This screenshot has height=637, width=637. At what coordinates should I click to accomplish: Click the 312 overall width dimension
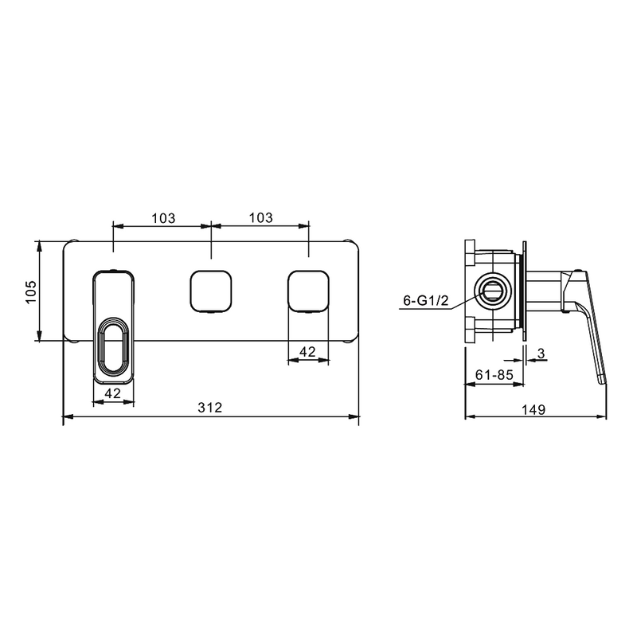[x=210, y=407]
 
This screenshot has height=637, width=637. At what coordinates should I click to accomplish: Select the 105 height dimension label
[x=31, y=291]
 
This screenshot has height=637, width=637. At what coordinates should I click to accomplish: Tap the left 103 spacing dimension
[x=163, y=218]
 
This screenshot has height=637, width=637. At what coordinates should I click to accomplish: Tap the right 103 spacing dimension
[x=261, y=217]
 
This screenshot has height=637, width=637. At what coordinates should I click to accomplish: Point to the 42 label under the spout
[x=112, y=393]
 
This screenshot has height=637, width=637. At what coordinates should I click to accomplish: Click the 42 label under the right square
[x=307, y=351]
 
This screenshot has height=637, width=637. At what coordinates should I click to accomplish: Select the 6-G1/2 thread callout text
[x=426, y=301]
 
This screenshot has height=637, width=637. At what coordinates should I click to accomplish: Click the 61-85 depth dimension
[x=494, y=374]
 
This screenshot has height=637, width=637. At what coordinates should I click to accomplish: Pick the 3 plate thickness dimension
[x=541, y=354]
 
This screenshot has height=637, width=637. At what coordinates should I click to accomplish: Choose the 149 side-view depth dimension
[x=533, y=409]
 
